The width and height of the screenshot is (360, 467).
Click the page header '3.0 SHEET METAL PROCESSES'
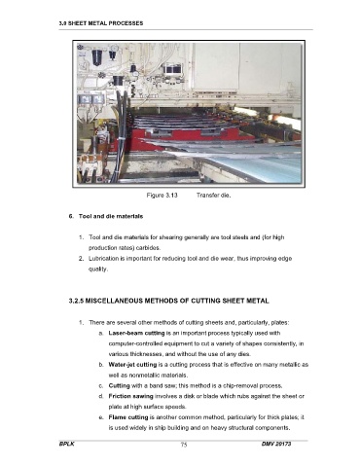pyautogui.click(x=101, y=23)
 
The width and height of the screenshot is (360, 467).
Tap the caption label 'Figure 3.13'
pyautogui.click(x=162, y=196)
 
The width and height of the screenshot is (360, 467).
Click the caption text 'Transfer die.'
pyautogui.click(x=213, y=196)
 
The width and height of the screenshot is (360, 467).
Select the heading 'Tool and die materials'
pyautogui.click(x=111, y=216)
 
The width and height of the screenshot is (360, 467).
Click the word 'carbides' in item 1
pyautogui.click(x=148, y=248)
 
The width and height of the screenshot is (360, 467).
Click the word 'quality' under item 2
pyautogui.click(x=97, y=269)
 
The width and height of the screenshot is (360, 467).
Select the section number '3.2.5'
pyautogui.click(x=76, y=301)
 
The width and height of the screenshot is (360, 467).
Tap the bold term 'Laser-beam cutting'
pyautogui.click(x=136, y=333)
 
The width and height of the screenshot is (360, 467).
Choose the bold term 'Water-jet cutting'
pyautogui.click(x=132, y=365)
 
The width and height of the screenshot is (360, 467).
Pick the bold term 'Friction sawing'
pyautogui.click(x=130, y=396)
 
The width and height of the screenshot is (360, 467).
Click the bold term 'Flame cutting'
pyautogui.click(x=128, y=417)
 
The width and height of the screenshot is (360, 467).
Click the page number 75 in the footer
pyautogui.click(x=184, y=445)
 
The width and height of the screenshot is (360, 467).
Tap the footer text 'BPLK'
pyautogui.click(x=66, y=444)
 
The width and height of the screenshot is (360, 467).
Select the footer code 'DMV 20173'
pyautogui.click(x=276, y=444)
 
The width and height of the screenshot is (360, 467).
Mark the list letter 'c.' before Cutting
pyautogui.click(x=101, y=386)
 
